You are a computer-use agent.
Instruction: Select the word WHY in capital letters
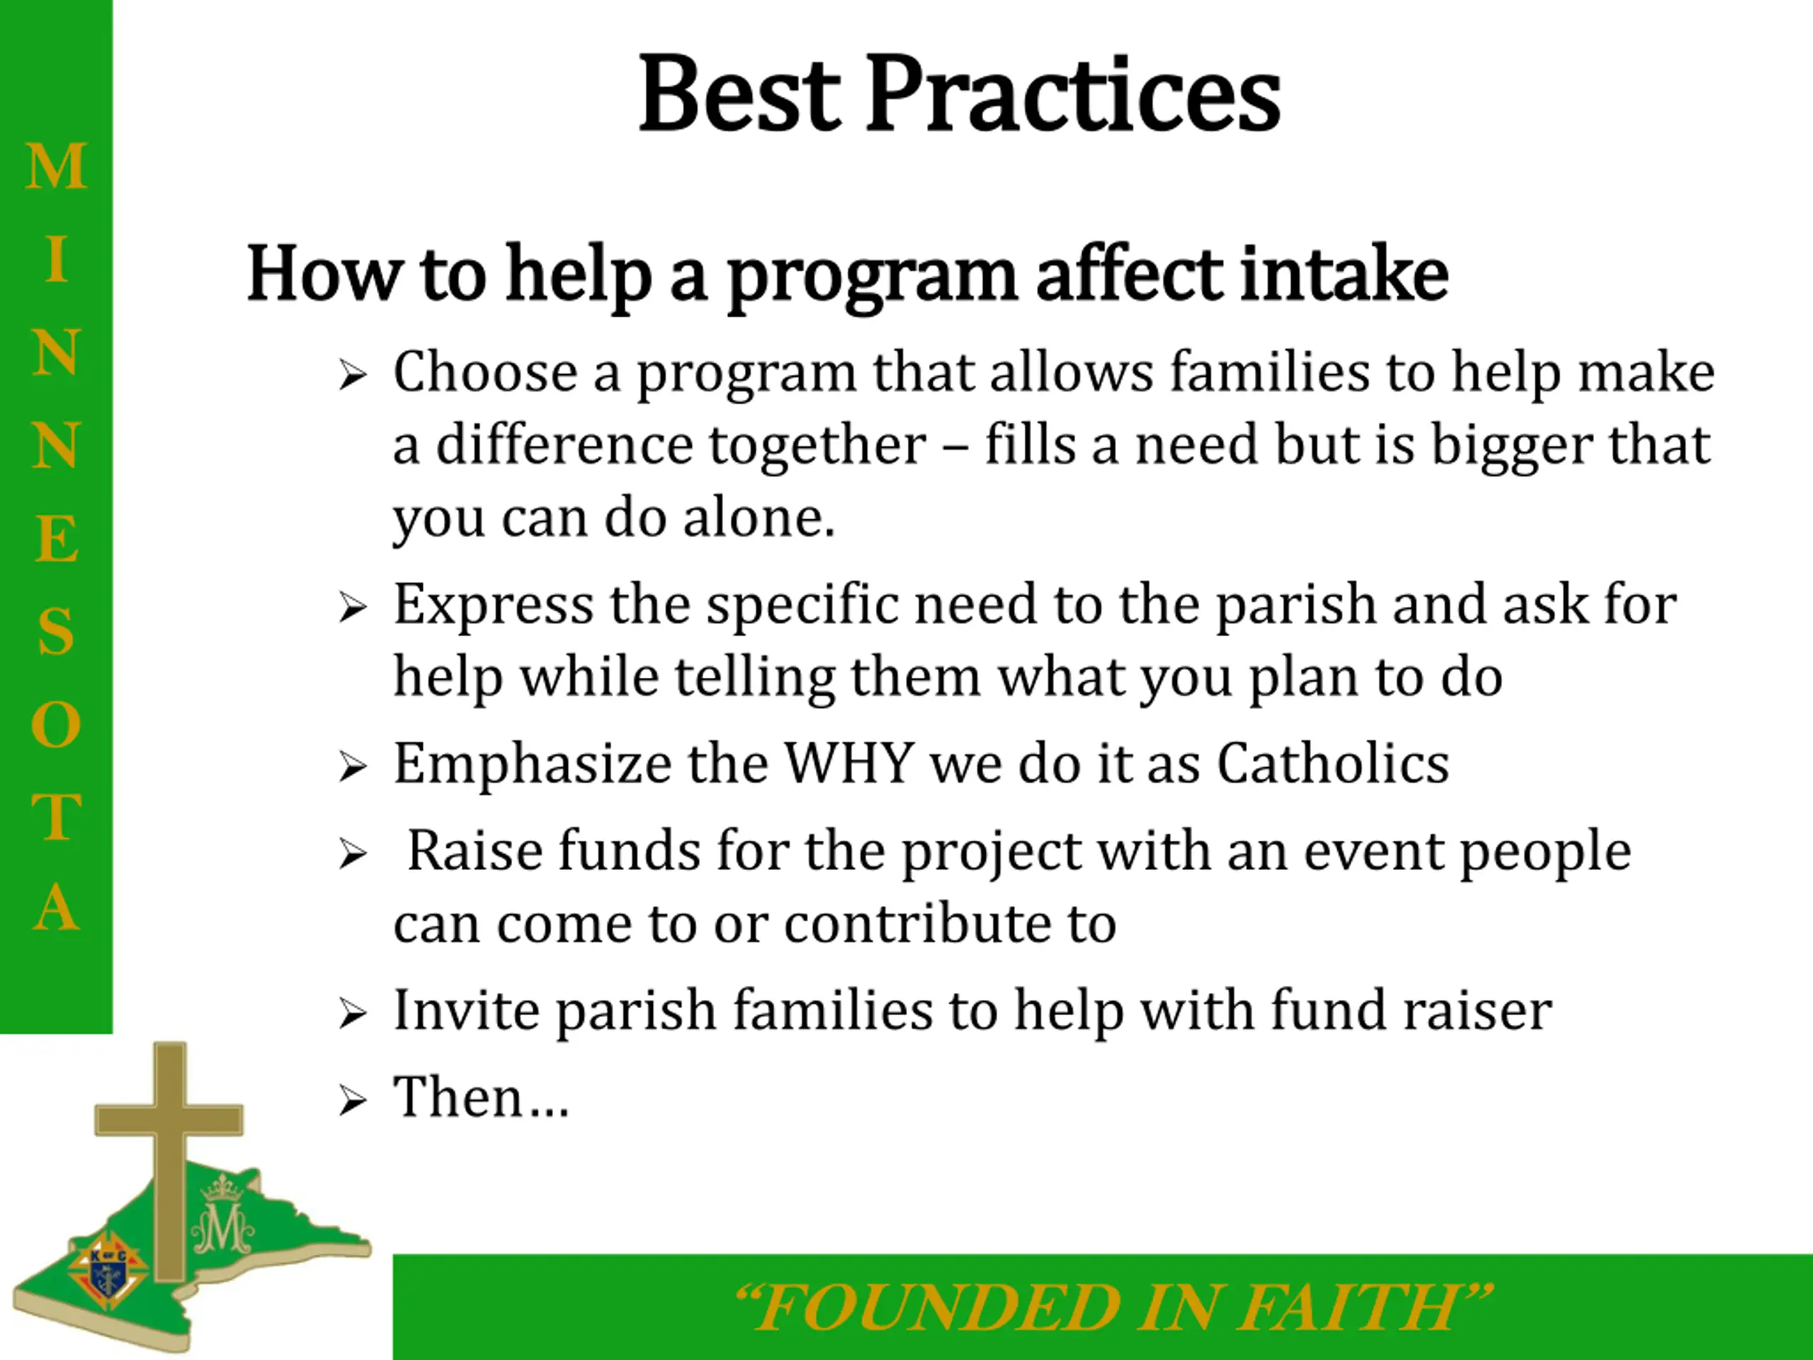pyautogui.click(x=850, y=762)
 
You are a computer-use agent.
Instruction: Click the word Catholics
pyautogui.click(x=1333, y=762)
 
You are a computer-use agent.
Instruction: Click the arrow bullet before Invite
pyautogui.click(x=353, y=1014)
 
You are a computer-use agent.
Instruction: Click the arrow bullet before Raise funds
pyautogui.click(x=353, y=855)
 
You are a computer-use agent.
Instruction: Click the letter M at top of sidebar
pyautogui.click(x=56, y=166)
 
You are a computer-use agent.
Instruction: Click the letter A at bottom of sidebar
pyautogui.click(x=56, y=907)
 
